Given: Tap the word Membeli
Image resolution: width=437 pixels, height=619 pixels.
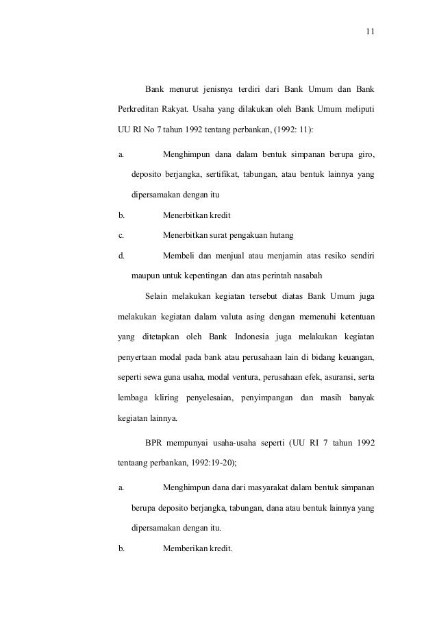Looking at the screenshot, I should pos(181,256).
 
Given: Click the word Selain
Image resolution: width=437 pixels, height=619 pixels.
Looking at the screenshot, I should pos(159,296).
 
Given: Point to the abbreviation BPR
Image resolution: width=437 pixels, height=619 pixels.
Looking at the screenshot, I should pos(156,444).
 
